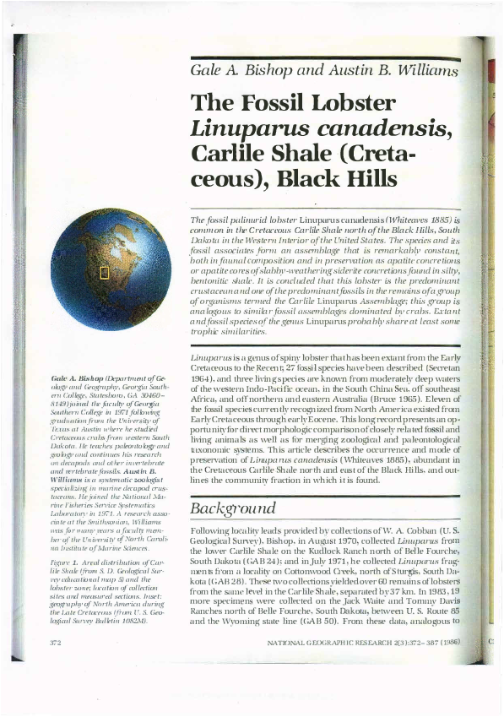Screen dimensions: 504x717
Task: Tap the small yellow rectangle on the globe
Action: [x=105, y=272]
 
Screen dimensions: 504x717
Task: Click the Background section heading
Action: [x=232, y=508]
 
